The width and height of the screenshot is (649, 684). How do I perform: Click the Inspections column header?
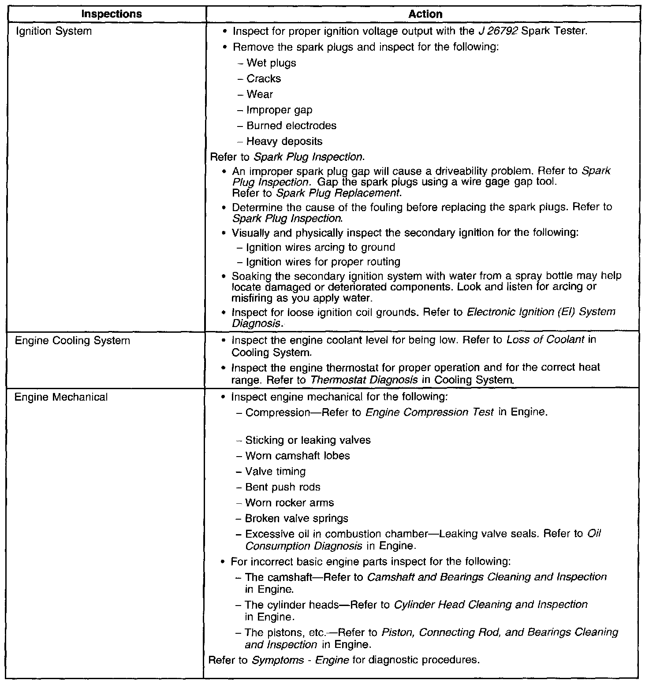[112, 14]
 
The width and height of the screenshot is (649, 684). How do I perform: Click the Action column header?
[425, 14]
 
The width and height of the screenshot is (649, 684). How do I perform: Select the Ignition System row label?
[53, 31]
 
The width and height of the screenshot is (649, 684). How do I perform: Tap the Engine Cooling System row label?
[72, 341]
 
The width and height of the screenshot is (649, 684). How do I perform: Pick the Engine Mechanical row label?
[61, 397]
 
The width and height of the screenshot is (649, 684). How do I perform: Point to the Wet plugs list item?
[271, 63]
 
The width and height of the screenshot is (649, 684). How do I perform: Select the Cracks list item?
[264, 78]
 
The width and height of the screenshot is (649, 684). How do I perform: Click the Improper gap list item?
[279, 110]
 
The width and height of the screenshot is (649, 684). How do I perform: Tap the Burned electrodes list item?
[291, 126]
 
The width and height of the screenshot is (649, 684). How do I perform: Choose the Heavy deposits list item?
[284, 141]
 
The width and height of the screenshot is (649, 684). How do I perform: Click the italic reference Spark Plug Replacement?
[338, 193]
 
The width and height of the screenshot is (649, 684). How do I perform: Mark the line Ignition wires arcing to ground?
[321, 247]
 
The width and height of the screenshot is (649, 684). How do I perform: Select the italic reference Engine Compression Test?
[430, 413]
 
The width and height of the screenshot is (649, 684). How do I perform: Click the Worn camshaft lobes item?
[298, 456]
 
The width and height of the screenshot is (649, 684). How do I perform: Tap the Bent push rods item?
[283, 487]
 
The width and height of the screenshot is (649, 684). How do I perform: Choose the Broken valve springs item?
[297, 518]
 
